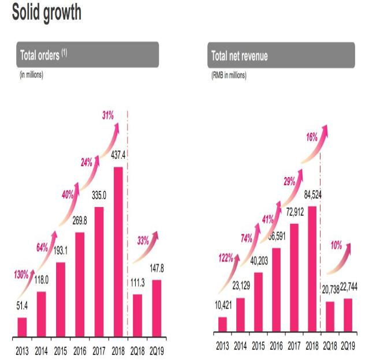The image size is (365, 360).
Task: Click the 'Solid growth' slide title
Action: click(46, 12)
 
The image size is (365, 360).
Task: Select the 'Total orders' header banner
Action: click(88, 55)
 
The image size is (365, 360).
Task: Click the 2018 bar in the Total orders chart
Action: click(117, 252)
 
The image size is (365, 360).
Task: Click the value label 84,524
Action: click(312, 196)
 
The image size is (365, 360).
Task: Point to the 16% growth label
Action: click(312, 138)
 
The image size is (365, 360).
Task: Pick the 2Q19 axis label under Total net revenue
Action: click(348, 346)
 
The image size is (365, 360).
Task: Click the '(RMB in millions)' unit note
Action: click(229, 75)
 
